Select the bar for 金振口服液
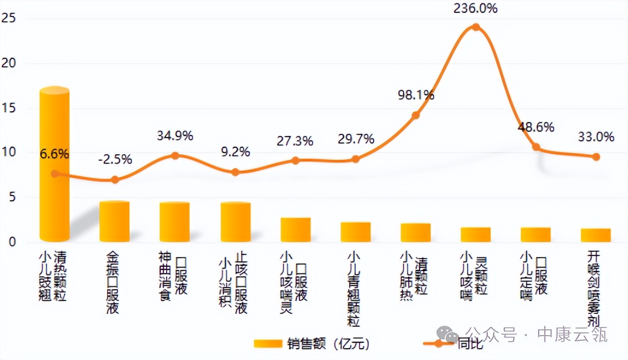[114, 222]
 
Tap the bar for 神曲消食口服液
[175, 222]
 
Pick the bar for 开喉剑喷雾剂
[595, 235]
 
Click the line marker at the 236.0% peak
[476, 27]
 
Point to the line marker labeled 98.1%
[416, 115]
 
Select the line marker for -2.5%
[115, 180]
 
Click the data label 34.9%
[175, 136]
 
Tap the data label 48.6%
[536, 127]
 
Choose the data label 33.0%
[596, 136]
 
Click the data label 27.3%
[295, 141]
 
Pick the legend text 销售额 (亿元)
[328, 344]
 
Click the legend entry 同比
[470, 344]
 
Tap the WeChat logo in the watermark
[451, 336]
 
